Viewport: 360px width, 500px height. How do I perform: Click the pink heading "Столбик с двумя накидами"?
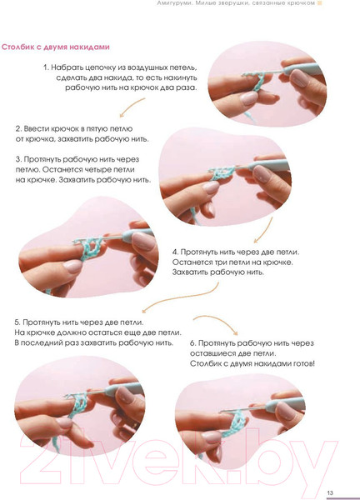(x=56, y=47)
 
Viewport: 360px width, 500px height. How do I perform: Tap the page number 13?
(x=330, y=493)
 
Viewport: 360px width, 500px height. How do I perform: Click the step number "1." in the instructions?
(x=46, y=67)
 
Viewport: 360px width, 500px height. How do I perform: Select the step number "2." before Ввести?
(x=18, y=129)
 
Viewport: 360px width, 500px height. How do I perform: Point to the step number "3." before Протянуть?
(x=18, y=159)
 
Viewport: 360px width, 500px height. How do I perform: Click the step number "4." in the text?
(x=175, y=252)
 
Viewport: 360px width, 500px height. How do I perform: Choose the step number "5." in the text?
(x=17, y=322)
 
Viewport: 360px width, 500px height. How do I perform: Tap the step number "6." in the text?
(x=192, y=343)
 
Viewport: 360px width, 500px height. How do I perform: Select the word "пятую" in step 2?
(x=97, y=129)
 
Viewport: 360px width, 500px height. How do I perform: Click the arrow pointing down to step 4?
(x=265, y=230)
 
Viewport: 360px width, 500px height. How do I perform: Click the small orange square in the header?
(x=319, y=3)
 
